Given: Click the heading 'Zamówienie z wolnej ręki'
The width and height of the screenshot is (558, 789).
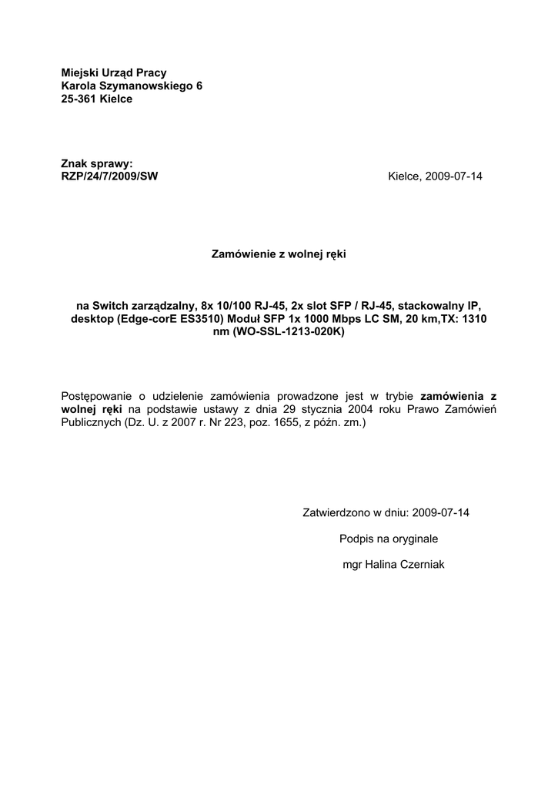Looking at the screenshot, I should click(x=279, y=253).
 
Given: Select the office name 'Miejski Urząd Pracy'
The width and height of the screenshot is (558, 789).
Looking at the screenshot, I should click(x=114, y=72).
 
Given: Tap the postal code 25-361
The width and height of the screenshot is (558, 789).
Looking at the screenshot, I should click(x=79, y=99).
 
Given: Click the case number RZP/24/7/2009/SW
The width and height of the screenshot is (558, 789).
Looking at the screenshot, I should click(x=109, y=176).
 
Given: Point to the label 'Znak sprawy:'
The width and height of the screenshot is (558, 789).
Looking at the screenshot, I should click(x=97, y=163).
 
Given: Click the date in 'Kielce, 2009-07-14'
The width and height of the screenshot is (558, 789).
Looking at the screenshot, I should click(x=453, y=176).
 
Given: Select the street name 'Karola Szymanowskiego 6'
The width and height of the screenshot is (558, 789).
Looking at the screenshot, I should click(x=132, y=86).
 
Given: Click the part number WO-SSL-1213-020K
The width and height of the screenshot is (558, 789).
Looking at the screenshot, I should click(x=286, y=332).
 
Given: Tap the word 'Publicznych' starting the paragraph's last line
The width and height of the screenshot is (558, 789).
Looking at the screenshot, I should click(x=90, y=423).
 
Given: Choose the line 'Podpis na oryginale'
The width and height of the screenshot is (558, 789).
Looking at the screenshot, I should click(x=388, y=539).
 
